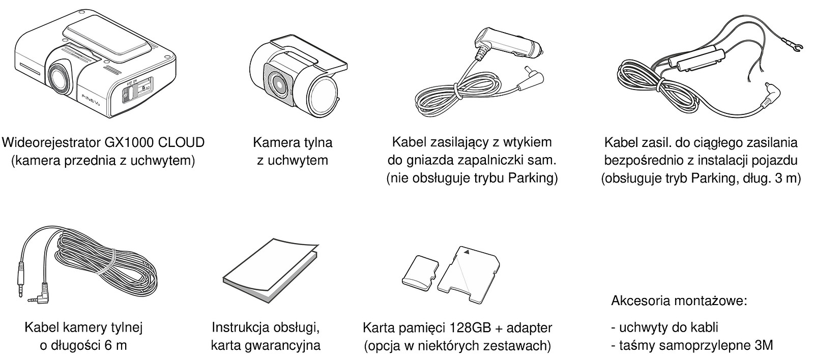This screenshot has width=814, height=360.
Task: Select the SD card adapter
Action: [x=469, y=274]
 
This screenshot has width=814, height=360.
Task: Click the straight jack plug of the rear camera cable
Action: [x=21, y=282]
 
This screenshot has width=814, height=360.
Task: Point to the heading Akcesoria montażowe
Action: [x=679, y=301]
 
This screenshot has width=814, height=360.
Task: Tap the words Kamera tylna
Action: [x=293, y=142]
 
